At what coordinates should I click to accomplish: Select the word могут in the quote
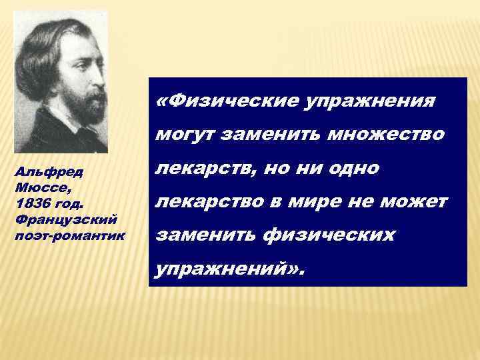187,136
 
